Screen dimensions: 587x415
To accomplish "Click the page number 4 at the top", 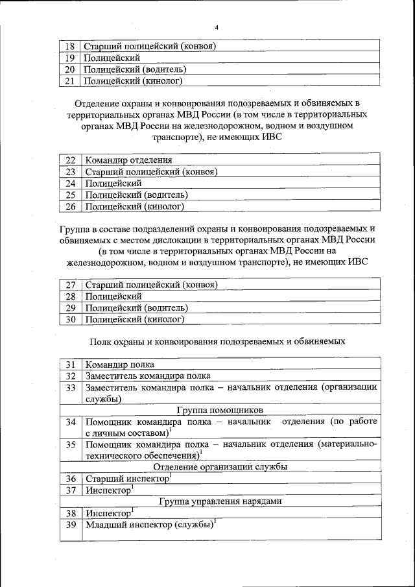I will point(217,27).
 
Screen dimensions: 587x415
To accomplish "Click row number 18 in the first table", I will point(70,46).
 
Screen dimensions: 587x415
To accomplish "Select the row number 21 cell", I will point(70,81).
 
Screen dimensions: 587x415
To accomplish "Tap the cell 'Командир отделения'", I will point(128,160).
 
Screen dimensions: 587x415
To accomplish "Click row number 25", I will point(71,195).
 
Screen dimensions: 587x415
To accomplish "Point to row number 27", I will point(71,285).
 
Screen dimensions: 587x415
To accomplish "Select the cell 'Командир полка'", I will point(119,365).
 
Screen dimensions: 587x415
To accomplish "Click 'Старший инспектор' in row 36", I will point(127,479).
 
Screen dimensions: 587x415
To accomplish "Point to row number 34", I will point(71,422).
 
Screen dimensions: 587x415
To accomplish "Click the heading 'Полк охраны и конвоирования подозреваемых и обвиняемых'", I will point(217,341).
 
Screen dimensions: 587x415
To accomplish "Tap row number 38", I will point(71,512).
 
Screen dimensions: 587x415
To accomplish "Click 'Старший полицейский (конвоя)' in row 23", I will point(150,171).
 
